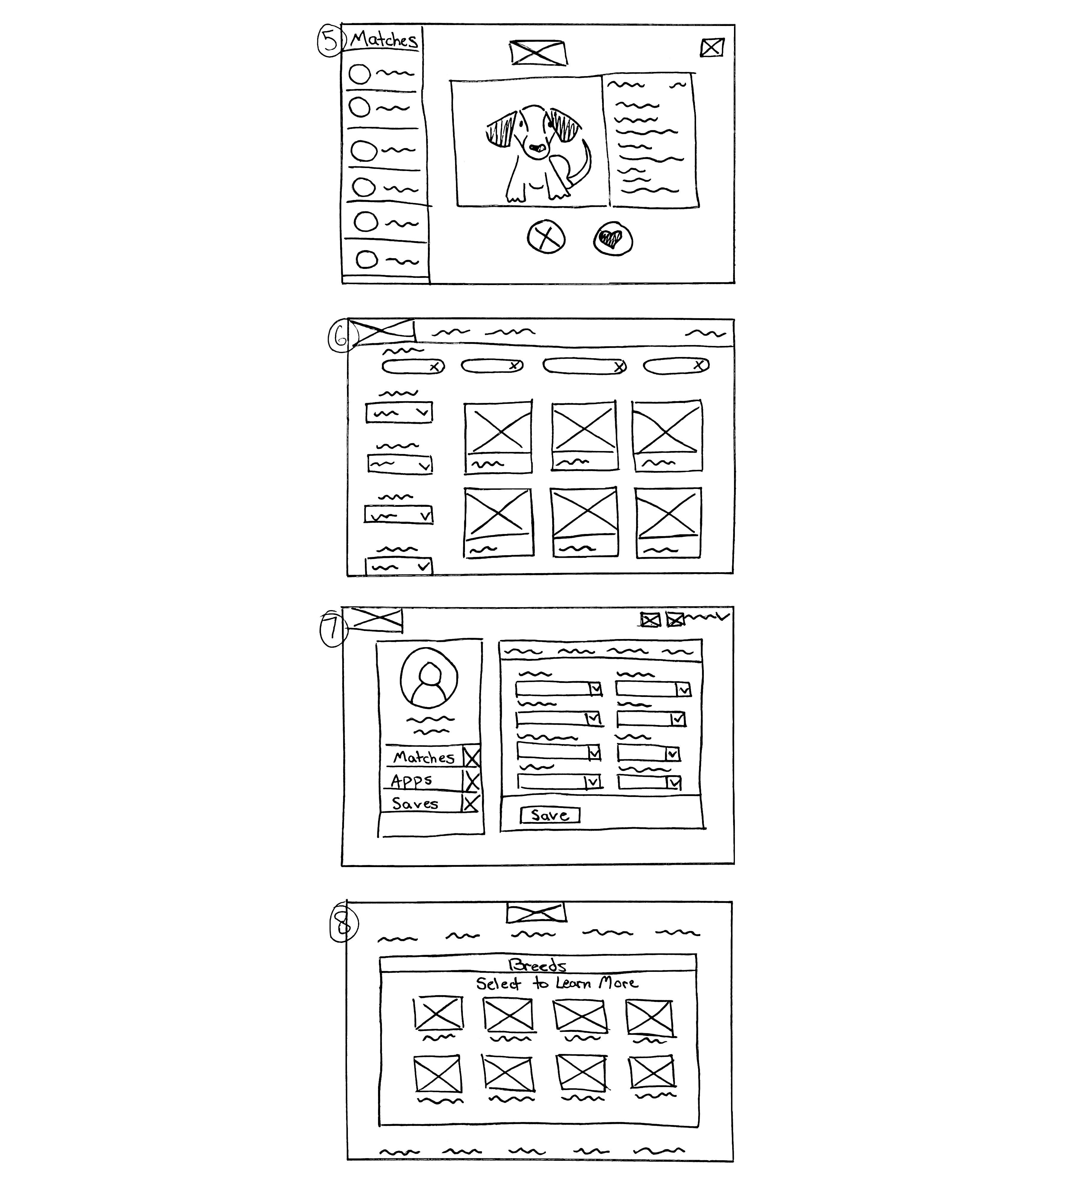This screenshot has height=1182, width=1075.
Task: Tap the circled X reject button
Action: pos(546,237)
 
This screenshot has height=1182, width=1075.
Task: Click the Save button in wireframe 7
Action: pos(549,815)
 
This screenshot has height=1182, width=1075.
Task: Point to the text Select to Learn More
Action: pos(556,983)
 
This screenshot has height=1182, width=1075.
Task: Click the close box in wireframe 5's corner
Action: pos(712,47)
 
